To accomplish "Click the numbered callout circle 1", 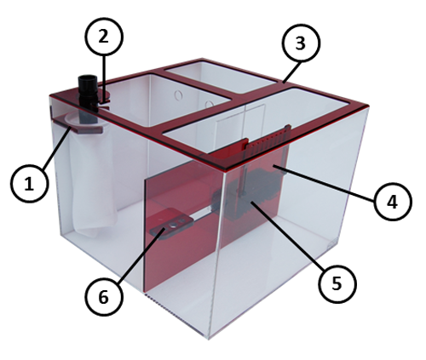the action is (30, 184).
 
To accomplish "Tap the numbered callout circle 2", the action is (104, 37).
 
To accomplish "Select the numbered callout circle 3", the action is (301, 43).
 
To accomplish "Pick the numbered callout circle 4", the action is (393, 202).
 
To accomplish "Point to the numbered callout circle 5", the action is (337, 283).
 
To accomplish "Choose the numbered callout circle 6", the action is (104, 297).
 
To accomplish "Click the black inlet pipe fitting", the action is (88, 94).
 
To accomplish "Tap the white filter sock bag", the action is (91, 176).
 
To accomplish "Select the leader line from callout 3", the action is (292, 72).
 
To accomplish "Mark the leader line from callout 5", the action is (287, 235).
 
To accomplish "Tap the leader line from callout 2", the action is (104, 77).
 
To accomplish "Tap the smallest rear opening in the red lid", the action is (220, 77).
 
